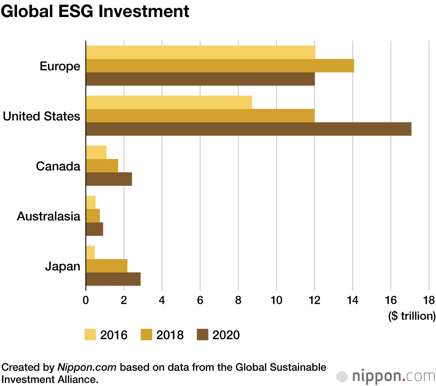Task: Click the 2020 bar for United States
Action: [x=249, y=129]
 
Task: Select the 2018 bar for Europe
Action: [x=220, y=65]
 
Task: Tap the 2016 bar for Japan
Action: [x=90, y=252]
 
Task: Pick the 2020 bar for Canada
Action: [x=109, y=179]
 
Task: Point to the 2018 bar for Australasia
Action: [x=93, y=216]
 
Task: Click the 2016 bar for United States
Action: [x=169, y=103]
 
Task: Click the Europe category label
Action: [x=60, y=66]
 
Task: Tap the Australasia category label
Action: [x=48, y=217]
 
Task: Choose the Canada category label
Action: [x=58, y=166]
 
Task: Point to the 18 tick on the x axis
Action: [x=429, y=300]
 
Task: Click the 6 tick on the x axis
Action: [x=200, y=300]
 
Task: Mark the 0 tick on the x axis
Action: [x=86, y=300]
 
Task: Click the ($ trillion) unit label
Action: [x=412, y=316]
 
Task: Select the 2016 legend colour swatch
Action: [x=90, y=335]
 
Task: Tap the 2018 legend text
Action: [x=170, y=335]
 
